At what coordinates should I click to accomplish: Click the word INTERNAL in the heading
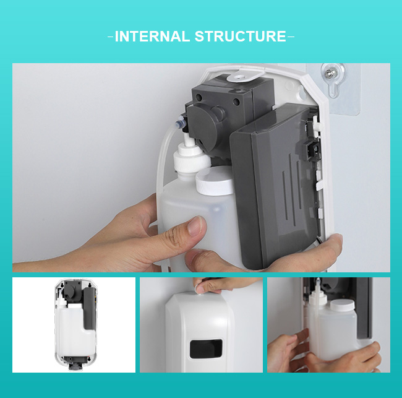(152, 36)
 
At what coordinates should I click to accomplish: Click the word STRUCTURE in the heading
(241, 36)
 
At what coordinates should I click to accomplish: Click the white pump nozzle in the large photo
(192, 158)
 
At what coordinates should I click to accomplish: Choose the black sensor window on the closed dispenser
(205, 348)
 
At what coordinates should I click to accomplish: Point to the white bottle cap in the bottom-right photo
(342, 305)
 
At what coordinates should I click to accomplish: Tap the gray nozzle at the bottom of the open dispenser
(77, 363)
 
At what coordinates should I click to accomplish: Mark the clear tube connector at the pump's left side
(180, 122)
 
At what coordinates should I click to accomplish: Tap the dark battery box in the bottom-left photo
(90, 308)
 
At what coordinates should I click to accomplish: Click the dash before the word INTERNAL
(111, 37)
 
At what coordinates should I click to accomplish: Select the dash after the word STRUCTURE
(291, 37)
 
